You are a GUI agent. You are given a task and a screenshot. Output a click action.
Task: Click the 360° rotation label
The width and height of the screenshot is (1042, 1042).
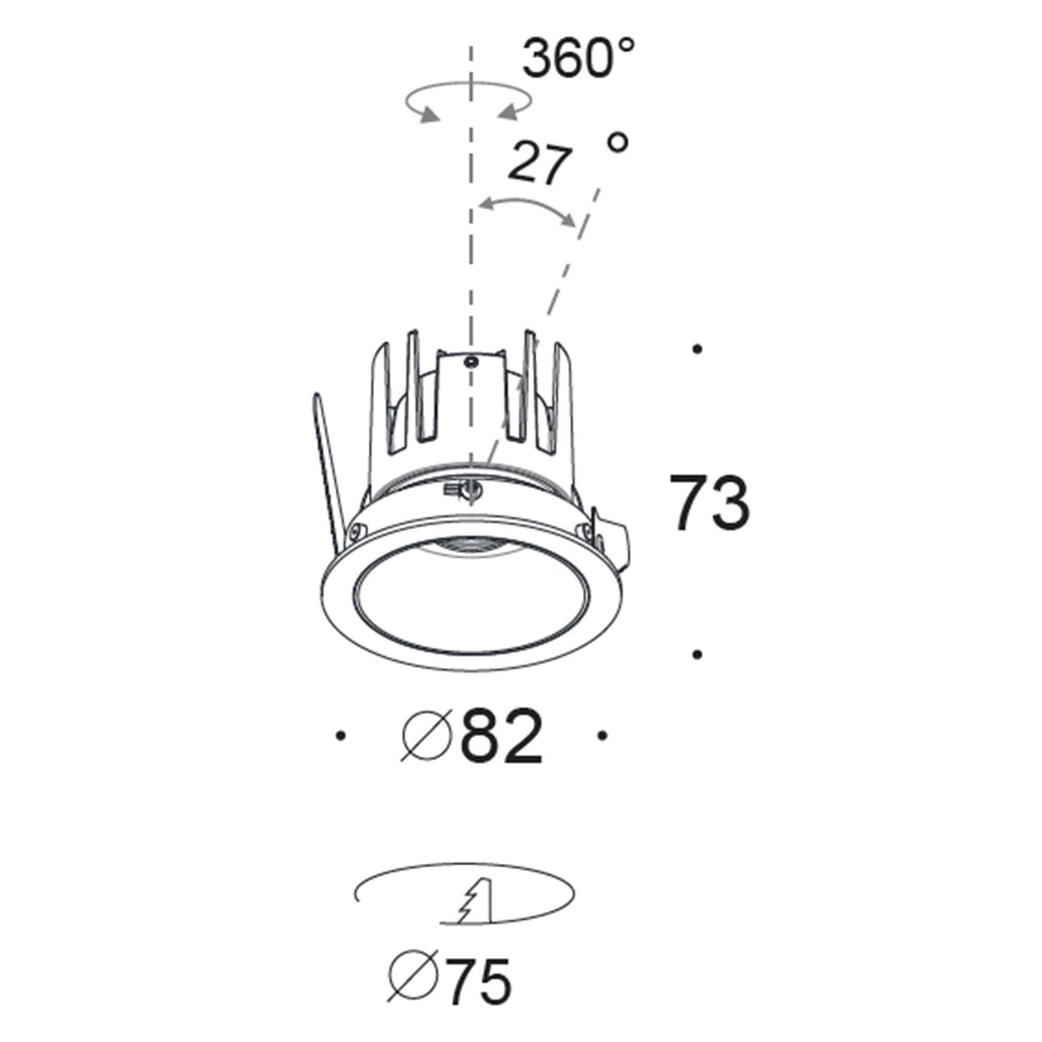coord(578,57)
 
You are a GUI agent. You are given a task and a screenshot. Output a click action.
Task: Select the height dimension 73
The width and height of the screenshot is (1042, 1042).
coord(710,502)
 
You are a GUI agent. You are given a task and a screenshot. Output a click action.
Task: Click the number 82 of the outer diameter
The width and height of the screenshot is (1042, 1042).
coord(501,737)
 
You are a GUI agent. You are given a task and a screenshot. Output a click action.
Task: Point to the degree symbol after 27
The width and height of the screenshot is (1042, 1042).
coord(617,142)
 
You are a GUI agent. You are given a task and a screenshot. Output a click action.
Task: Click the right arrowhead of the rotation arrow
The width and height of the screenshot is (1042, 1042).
coord(507,114)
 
